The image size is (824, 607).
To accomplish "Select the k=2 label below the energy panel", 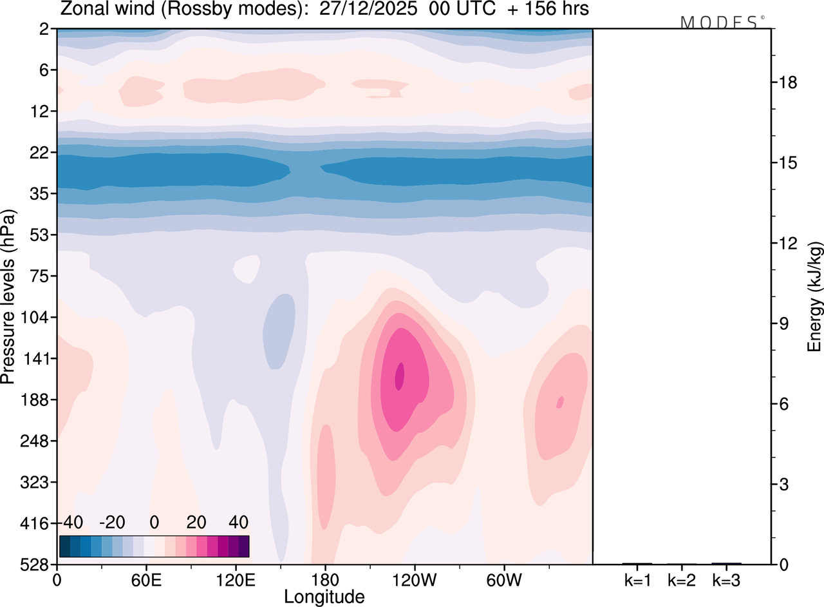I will [x=682, y=580].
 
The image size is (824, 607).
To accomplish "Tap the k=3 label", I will [x=726, y=580].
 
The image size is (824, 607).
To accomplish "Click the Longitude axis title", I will [x=324, y=597].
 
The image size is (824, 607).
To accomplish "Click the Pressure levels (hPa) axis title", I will [x=9, y=296].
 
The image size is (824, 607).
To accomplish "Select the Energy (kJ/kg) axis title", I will [x=815, y=296].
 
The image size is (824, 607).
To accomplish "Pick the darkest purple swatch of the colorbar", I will [x=243, y=546].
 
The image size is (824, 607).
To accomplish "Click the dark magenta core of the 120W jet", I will [x=400, y=376].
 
